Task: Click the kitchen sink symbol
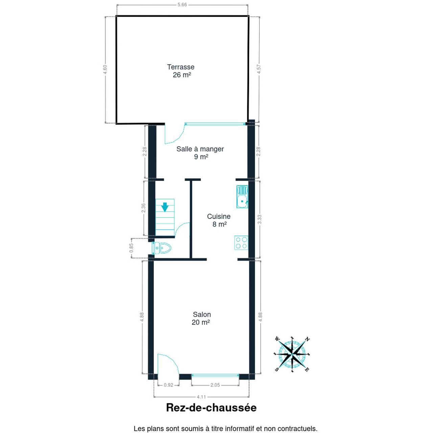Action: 242,197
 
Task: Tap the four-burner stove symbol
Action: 241,243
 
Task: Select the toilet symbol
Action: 162,248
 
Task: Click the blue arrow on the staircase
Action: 165,207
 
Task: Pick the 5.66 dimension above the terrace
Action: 182,5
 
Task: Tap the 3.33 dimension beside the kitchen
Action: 259,219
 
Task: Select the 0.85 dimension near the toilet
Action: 132,248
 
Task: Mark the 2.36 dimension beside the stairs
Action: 143,208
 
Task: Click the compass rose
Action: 292,355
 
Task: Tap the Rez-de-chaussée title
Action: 211,408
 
